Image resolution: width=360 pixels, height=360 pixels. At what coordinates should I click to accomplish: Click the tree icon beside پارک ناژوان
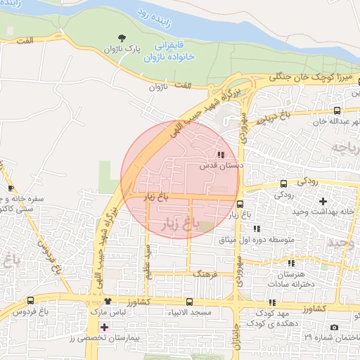click(x=124, y=38)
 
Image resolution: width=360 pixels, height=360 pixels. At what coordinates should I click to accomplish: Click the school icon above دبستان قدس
click(x=221, y=155)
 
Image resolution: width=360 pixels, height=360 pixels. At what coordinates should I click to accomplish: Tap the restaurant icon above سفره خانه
click(x=11, y=188)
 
